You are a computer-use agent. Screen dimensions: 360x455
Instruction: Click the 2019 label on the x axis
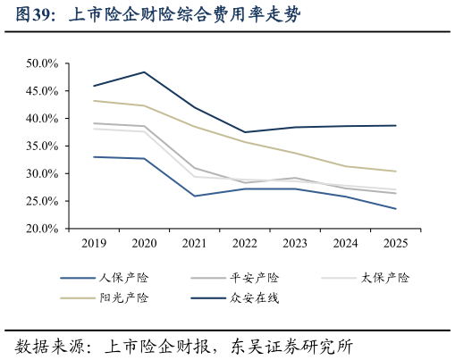(94, 243)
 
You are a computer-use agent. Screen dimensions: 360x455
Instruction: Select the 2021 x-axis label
(195, 243)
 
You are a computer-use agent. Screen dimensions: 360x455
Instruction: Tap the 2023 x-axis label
(295, 243)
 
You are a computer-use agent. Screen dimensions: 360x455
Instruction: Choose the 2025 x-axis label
(396, 243)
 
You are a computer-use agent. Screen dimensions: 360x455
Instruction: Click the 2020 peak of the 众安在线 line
(145, 71)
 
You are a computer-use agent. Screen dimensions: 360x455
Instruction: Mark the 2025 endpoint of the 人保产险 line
(396, 209)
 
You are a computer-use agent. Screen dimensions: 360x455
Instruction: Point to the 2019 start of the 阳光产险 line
(94, 101)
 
